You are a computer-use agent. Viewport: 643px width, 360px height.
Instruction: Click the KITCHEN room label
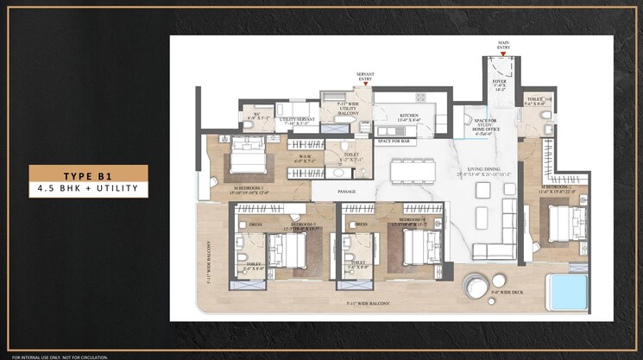coord(408,118)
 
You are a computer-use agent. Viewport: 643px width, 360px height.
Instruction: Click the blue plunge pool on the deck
coord(568,291)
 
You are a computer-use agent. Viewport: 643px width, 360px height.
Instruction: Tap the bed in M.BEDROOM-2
coord(564,224)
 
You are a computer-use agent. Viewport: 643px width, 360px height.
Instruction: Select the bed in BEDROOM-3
coord(287,250)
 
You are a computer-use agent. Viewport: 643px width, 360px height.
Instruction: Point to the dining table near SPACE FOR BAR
coord(412,171)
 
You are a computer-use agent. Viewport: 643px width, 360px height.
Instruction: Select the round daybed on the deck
coord(477,287)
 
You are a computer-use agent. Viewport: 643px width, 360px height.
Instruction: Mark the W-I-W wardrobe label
coord(305,159)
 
